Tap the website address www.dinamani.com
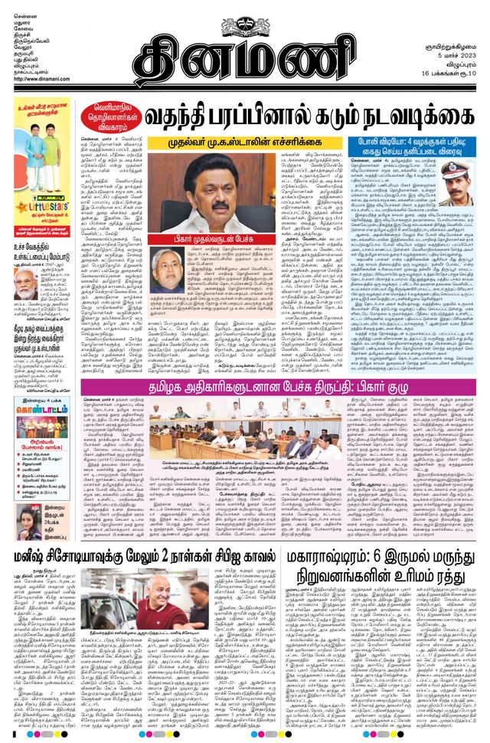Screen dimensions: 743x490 pos(40,79)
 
